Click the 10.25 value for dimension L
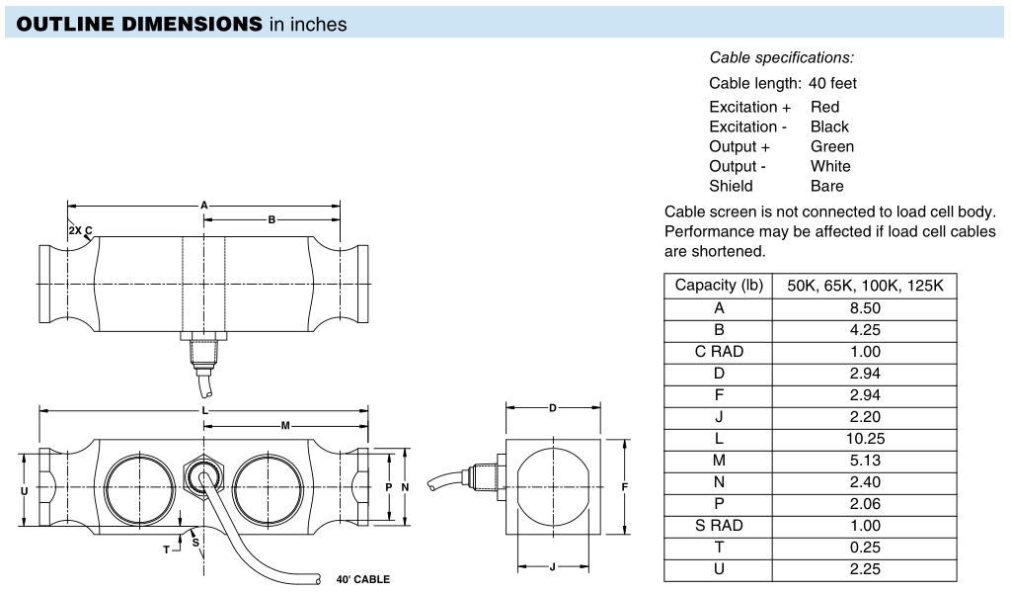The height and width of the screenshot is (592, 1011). pyautogui.click(x=865, y=439)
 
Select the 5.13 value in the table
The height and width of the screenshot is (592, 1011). pyautogui.click(x=865, y=461)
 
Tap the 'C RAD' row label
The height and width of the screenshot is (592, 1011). pyautogui.click(x=719, y=352)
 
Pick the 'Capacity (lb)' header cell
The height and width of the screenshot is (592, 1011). pyautogui.click(x=719, y=286)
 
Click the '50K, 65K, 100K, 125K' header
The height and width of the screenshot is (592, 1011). pyautogui.click(x=865, y=286)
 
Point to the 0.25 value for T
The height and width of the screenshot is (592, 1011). pyautogui.click(x=865, y=548)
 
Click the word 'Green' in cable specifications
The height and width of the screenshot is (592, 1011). pyautogui.click(x=832, y=146)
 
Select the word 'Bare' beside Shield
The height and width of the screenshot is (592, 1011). pyautogui.click(x=827, y=186)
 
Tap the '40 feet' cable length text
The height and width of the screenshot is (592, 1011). pyautogui.click(x=832, y=83)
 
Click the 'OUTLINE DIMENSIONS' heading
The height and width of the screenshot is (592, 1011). pyautogui.click(x=139, y=24)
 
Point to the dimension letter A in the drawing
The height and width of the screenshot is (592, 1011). pyautogui.click(x=203, y=206)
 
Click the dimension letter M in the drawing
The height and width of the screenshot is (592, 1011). pyautogui.click(x=285, y=425)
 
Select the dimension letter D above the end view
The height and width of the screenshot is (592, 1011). pyautogui.click(x=553, y=408)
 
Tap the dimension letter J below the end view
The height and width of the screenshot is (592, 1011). pyautogui.click(x=553, y=567)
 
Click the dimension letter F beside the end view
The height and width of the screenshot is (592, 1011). pyautogui.click(x=624, y=487)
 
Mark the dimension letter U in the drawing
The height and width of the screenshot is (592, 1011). pyautogui.click(x=25, y=491)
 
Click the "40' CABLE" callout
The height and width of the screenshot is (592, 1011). pyautogui.click(x=363, y=579)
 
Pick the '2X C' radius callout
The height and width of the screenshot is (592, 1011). pyautogui.click(x=81, y=230)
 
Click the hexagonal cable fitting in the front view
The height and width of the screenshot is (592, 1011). pyautogui.click(x=203, y=475)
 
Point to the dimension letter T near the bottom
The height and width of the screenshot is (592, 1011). pyautogui.click(x=166, y=550)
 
